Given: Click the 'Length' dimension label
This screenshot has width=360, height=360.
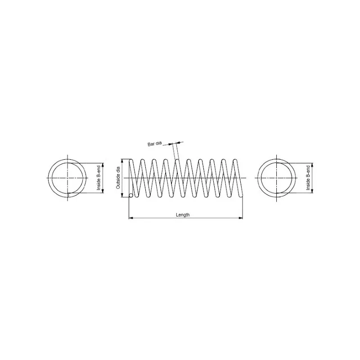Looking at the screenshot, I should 183,215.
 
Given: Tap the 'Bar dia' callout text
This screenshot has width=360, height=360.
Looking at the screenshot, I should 154,144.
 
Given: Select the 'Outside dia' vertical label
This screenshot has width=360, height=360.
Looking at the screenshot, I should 118,178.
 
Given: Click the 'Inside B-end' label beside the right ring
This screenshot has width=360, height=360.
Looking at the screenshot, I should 308,178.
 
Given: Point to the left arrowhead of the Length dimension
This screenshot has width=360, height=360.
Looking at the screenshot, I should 131,218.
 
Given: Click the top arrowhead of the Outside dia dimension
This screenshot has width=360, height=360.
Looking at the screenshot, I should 122,161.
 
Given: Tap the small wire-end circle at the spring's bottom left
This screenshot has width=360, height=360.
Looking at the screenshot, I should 131,195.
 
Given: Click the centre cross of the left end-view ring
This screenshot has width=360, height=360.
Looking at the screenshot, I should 68,178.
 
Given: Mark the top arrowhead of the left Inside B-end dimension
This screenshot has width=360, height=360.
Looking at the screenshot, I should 103,165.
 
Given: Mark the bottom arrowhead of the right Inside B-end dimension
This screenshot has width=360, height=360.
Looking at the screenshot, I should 312,191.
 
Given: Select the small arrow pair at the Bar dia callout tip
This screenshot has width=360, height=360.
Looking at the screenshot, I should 174,144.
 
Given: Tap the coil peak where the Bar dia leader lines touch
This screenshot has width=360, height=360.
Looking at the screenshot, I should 177,160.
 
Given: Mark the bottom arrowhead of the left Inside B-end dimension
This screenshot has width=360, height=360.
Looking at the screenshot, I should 103,191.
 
